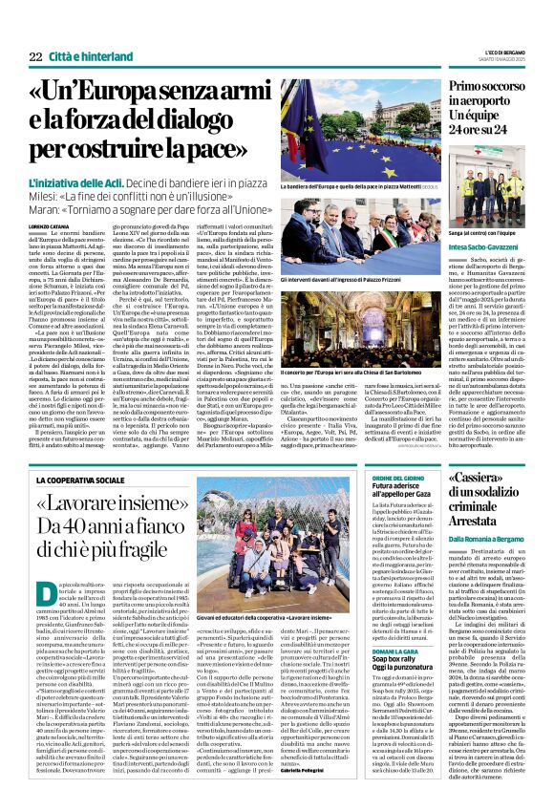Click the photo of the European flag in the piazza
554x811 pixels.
[x=356, y=130]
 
